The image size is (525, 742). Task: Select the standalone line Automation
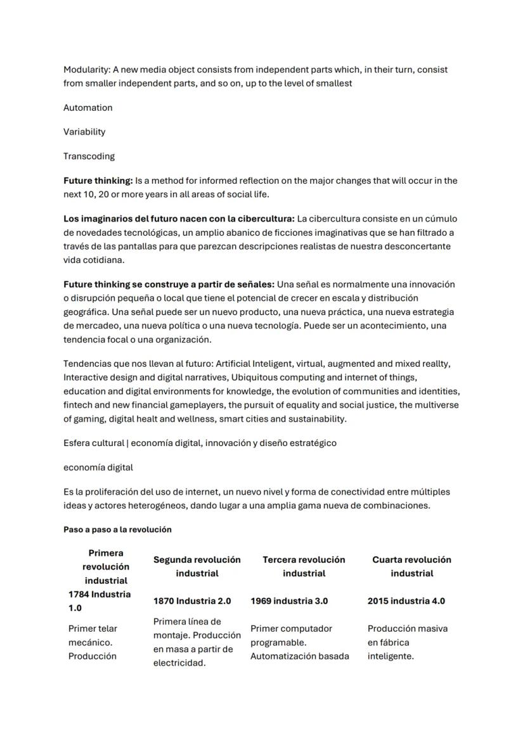coord(87,108)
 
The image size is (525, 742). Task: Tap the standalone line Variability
coord(84,132)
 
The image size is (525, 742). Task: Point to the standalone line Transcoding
coord(89,156)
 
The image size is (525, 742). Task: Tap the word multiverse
coord(436,405)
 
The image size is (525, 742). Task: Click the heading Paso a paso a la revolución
coord(117,529)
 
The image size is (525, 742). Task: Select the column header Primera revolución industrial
coord(106,566)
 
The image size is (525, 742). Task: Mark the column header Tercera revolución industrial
coord(304,566)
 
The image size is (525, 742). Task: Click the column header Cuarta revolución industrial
coord(412,566)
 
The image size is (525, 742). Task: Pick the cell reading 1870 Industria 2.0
coord(192,601)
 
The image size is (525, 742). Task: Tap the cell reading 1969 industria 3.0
coord(289,601)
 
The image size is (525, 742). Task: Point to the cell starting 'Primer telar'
coord(93,642)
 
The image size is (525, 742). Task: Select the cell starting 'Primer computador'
coord(299,642)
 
